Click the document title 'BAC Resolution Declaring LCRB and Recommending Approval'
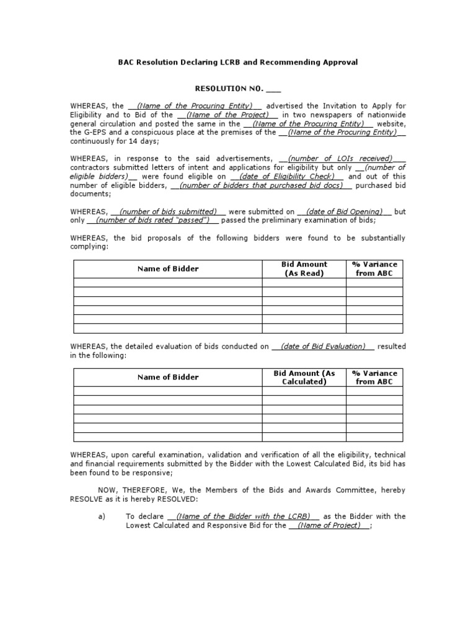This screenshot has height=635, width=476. pyautogui.click(x=238, y=63)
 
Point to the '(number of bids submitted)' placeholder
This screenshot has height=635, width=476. pyautogui.click(x=168, y=211)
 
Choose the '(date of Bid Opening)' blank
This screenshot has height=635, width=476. pyautogui.click(x=345, y=211)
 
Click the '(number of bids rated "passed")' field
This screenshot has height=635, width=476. pyautogui.click(x=152, y=220)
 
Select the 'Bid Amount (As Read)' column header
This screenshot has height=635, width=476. pyautogui.click(x=304, y=269)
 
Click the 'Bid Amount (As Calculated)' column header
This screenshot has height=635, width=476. pyautogui.click(x=304, y=377)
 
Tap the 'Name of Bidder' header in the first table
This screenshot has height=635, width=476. pyautogui.click(x=168, y=269)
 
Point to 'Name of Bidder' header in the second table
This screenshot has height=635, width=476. pyautogui.click(x=168, y=377)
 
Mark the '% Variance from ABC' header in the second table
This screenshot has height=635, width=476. pyautogui.click(x=374, y=377)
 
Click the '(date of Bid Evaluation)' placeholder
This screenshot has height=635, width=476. pyautogui.click(x=323, y=346)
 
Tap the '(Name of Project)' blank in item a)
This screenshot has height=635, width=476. pyautogui.click(x=329, y=525)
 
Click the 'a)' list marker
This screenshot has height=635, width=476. pyautogui.click(x=102, y=516)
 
